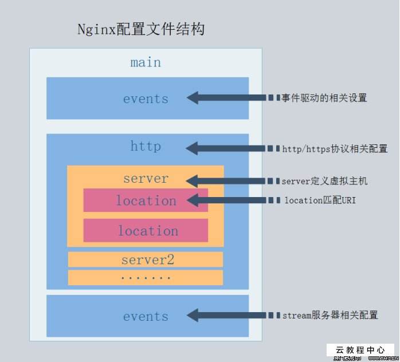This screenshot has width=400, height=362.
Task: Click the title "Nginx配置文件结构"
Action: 141,29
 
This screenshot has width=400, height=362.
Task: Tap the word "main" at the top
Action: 146,62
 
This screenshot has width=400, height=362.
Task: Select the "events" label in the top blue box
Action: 146,99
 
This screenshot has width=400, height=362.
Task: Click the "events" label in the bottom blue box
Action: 146,316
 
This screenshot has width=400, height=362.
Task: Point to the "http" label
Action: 146,146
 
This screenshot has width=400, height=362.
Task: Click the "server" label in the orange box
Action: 146,179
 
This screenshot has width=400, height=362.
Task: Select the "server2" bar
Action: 146,259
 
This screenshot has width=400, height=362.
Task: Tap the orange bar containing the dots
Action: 146,277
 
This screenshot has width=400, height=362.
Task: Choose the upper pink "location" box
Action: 146,200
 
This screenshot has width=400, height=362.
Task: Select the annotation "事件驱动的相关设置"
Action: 324,98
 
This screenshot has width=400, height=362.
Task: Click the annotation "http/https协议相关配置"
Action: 335,149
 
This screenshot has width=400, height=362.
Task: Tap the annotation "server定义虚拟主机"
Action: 324,181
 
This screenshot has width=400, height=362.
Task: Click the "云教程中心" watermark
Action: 360,349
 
